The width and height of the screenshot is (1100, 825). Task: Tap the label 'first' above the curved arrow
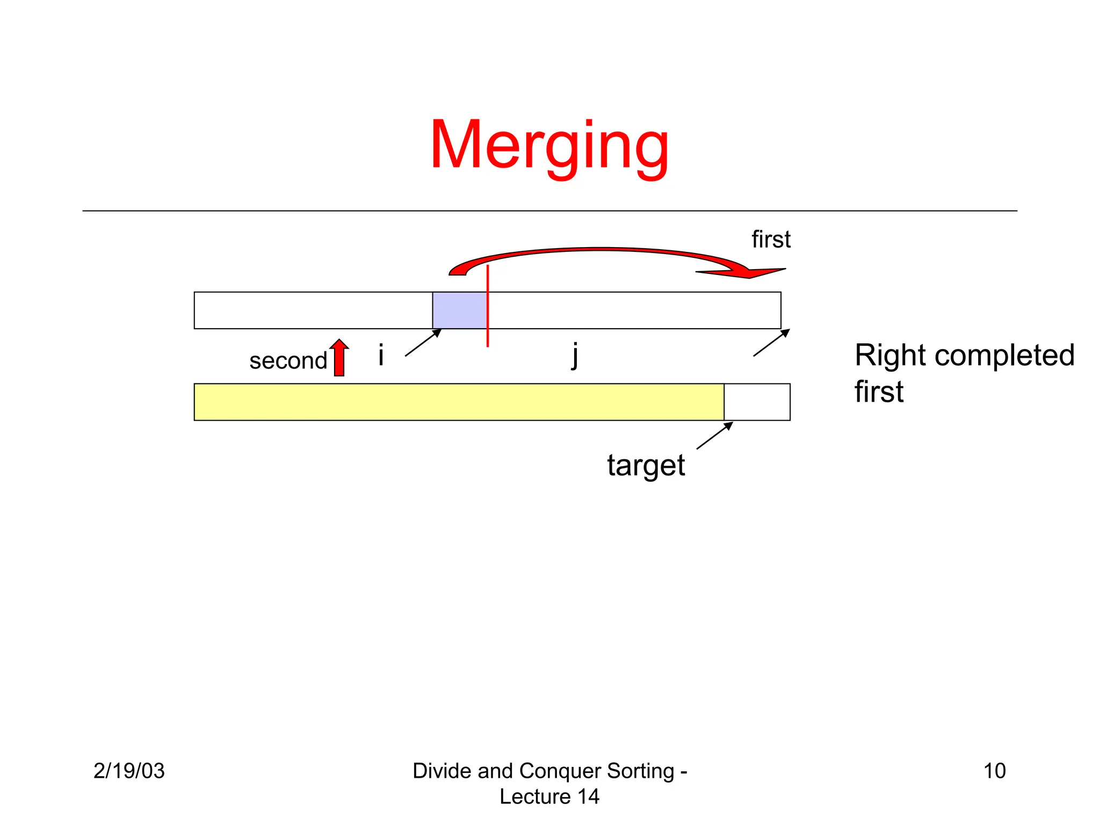click(771, 240)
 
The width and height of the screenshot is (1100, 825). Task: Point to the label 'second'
click(288, 361)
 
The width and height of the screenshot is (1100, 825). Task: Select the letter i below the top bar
click(381, 356)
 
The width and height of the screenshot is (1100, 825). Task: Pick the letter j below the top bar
click(575, 356)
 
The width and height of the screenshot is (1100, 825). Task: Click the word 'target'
click(646, 465)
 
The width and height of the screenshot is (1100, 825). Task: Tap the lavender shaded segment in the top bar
click(460, 310)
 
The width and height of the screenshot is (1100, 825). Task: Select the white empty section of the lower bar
click(757, 402)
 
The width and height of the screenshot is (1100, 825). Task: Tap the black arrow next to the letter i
click(423, 342)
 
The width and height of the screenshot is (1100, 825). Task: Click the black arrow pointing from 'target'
click(715, 435)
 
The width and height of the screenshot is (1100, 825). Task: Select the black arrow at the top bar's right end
click(771, 343)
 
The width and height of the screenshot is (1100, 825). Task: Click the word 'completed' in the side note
click(1004, 356)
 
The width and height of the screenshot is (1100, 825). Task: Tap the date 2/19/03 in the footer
click(129, 771)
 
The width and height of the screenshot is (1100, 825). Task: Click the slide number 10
click(994, 771)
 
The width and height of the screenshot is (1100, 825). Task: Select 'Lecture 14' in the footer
click(549, 797)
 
